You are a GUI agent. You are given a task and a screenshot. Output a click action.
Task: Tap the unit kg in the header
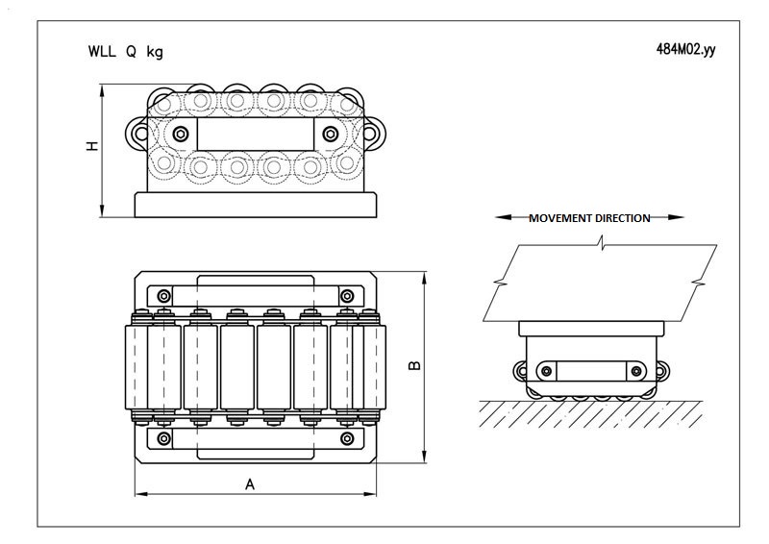click(155, 52)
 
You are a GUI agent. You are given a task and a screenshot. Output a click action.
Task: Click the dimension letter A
click(250, 484)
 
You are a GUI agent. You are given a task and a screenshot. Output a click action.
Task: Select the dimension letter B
click(414, 366)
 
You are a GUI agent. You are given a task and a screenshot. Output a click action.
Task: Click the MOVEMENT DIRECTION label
click(589, 218)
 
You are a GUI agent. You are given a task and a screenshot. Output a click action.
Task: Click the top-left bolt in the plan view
click(164, 294)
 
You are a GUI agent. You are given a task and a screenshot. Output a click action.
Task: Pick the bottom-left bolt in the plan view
click(164, 439)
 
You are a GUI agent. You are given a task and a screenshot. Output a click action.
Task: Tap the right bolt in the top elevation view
click(331, 132)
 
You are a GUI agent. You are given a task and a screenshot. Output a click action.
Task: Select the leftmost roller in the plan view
click(140, 366)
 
